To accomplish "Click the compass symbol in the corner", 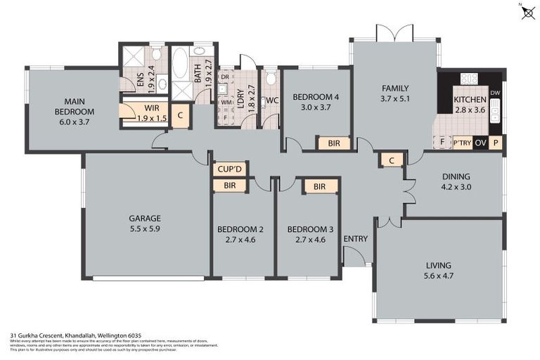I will pyautogui.click(x=528, y=12).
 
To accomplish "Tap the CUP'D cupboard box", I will pyautogui.click(x=229, y=169).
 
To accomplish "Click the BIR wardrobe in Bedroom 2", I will pyautogui.click(x=229, y=186).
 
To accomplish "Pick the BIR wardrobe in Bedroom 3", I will pyautogui.click(x=321, y=186).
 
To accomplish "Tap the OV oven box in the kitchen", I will pyautogui.click(x=481, y=143).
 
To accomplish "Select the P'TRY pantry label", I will pyautogui.click(x=461, y=143).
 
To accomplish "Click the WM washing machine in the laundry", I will pyautogui.click(x=226, y=103).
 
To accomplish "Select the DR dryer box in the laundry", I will pyautogui.click(x=225, y=77).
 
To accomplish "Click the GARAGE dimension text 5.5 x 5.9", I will pyautogui.click(x=144, y=229).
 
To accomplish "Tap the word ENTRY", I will pyautogui.click(x=356, y=239).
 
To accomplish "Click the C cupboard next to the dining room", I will pyautogui.click(x=391, y=160).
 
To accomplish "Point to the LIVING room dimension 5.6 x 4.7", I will pyautogui.click(x=438, y=276).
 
